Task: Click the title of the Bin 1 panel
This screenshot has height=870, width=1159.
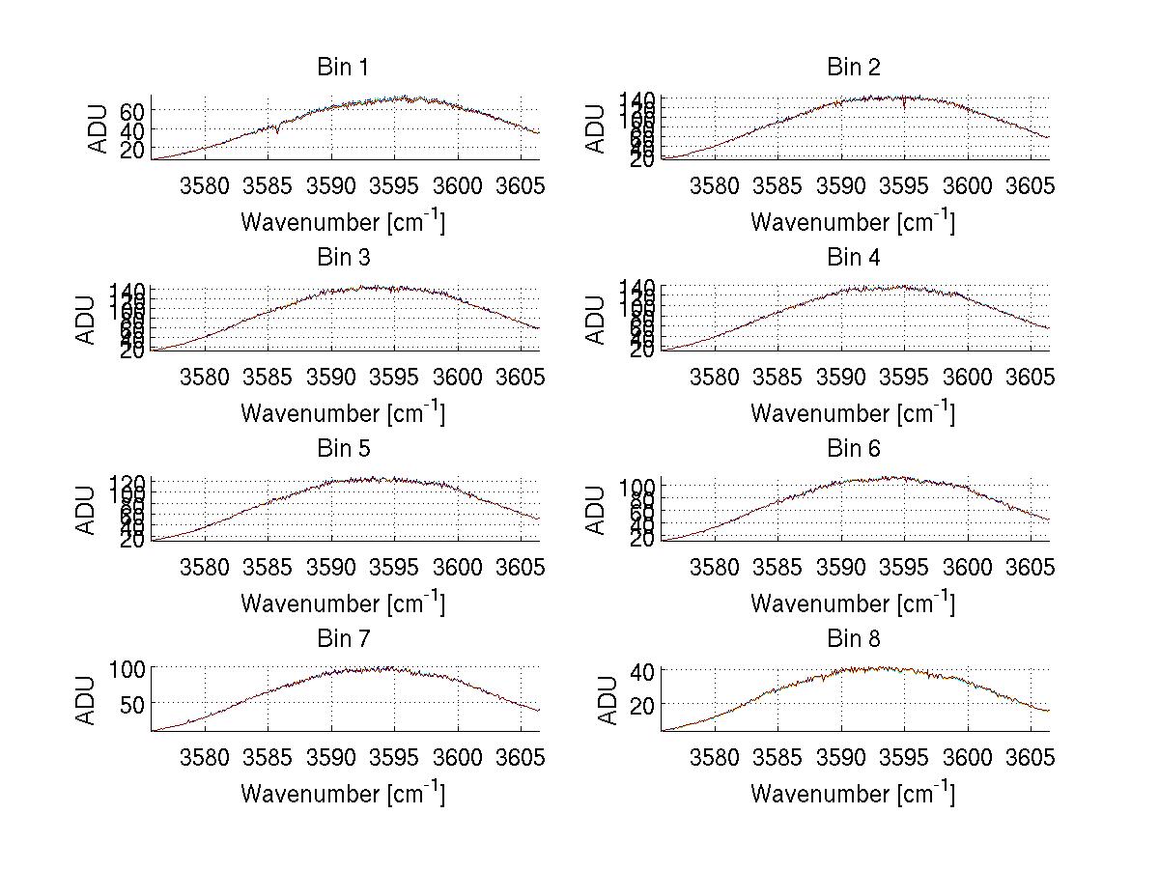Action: coord(343,68)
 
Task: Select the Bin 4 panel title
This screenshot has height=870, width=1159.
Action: coord(853,258)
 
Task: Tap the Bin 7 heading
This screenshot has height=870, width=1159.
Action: coord(343,639)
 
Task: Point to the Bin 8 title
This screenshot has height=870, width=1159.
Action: coord(853,639)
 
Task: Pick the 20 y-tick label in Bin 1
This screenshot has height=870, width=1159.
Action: coord(133,150)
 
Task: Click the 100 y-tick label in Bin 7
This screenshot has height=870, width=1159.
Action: coord(127,667)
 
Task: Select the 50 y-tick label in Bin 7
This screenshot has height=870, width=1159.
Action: coord(133,704)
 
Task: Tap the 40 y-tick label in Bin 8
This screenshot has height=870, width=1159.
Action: coord(643,670)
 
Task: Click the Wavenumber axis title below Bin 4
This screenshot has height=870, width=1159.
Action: coord(853,412)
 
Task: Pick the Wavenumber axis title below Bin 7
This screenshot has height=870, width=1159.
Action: coord(343,793)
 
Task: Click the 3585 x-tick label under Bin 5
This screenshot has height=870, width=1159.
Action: coord(268,566)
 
